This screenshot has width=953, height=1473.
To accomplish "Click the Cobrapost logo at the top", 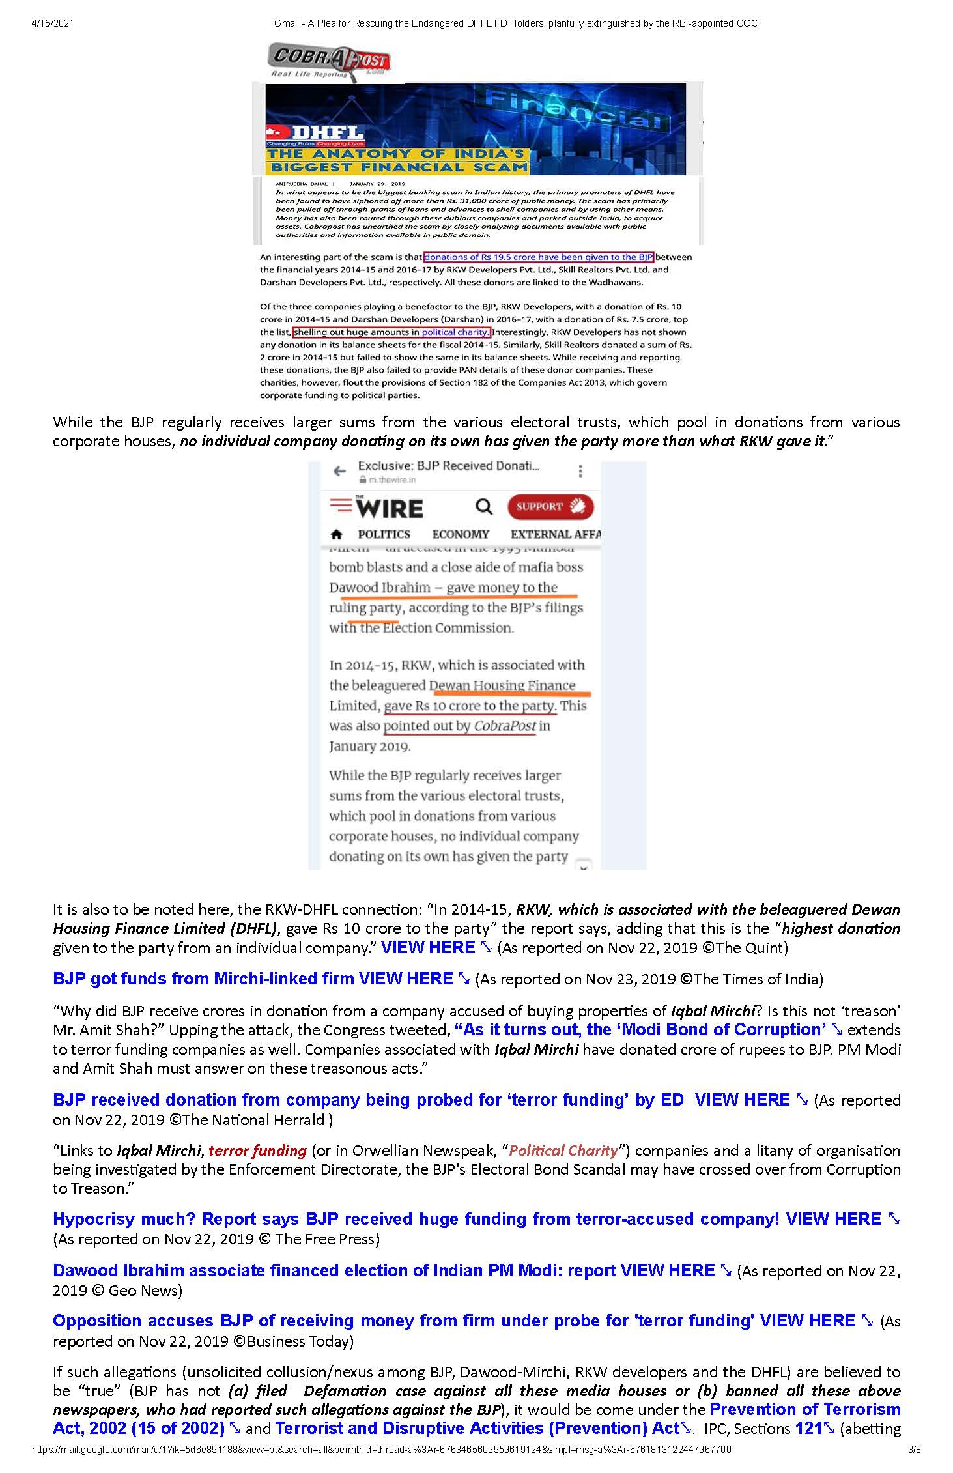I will click(329, 61).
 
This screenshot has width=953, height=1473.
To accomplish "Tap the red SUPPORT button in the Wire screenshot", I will click(550, 507).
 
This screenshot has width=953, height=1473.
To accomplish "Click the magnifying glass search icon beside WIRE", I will click(484, 506).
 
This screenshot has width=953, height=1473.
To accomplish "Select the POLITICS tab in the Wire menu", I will click(384, 534).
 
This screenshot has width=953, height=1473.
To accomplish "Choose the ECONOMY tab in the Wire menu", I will click(461, 534).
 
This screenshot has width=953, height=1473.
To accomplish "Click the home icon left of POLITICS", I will click(336, 534).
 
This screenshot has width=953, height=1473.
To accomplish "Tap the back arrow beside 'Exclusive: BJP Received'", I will click(339, 471).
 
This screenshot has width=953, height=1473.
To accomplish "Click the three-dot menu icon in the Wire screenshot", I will click(580, 471).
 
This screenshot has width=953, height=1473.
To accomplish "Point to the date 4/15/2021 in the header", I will click(52, 23).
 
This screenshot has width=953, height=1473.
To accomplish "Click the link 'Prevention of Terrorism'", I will click(804, 1409).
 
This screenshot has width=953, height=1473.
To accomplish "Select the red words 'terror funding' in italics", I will click(257, 1151).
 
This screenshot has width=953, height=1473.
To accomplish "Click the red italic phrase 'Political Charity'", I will click(563, 1151).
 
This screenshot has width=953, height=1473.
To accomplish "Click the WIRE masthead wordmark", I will click(389, 508).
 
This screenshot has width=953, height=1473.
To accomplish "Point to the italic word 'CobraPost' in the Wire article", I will click(505, 726).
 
